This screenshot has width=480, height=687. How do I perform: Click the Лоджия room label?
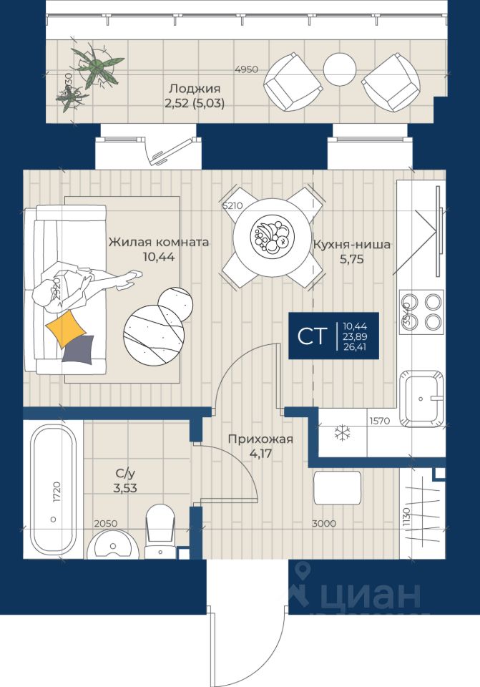pos(194,89)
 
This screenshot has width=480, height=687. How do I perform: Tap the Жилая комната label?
pos(159,243)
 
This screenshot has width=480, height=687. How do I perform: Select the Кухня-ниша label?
pos(351,244)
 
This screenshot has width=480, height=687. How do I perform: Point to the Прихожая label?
pos(260,439)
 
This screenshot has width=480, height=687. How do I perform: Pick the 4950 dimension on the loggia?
pos(247,69)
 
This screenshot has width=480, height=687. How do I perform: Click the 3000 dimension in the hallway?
pos(324,524)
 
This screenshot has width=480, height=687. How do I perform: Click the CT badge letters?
pos(310,336)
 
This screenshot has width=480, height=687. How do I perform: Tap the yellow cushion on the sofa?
pos(67,328)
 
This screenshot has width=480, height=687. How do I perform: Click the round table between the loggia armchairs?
pos(339,69)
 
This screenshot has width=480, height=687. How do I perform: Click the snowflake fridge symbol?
pos(343,432)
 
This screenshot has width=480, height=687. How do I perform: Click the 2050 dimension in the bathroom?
pos(104,524)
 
